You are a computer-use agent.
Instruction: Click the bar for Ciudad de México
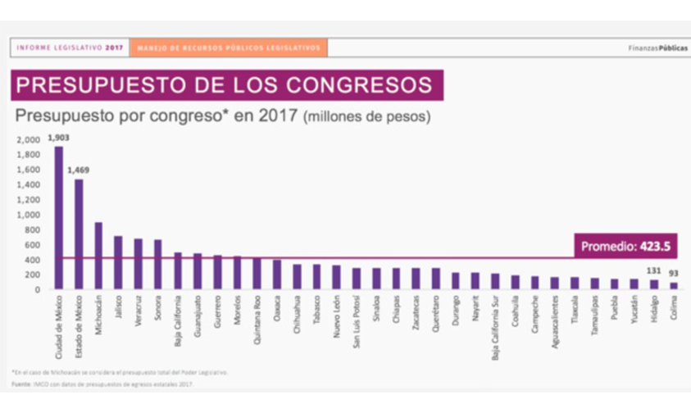tap(58, 217)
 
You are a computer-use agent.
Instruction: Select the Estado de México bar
tap(79, 234)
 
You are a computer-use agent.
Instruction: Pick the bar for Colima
tap(674, 285)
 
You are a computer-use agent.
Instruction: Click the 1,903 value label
tap(58, 138)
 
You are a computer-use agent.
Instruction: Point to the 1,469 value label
tap(79, 170)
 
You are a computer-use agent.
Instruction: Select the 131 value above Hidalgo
tap(653, 272)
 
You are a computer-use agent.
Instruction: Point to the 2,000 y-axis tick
tap(28, 139)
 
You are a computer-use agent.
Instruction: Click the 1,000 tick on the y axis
tap(28, 215)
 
